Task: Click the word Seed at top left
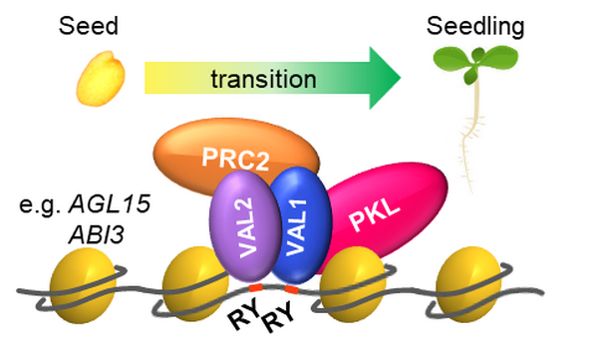89,26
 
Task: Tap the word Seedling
475,27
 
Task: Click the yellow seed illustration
101,78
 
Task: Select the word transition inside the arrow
263,79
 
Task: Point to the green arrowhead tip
401,78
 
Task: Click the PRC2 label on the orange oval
235,159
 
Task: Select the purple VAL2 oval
245,226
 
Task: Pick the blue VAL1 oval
301,226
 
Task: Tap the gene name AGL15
110,203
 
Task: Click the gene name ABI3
97,234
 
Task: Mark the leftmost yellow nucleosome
83,285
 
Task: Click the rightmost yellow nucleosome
469,285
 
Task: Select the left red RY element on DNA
255,286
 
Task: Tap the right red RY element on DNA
291,290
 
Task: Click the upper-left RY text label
244,313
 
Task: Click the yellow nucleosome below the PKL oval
353,285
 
